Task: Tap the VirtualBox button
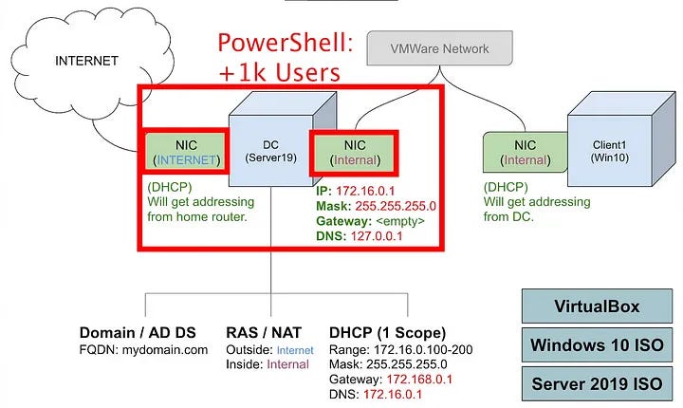pos(596,306)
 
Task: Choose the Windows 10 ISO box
pos(596,344)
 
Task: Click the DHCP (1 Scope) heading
pos(387,332)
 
